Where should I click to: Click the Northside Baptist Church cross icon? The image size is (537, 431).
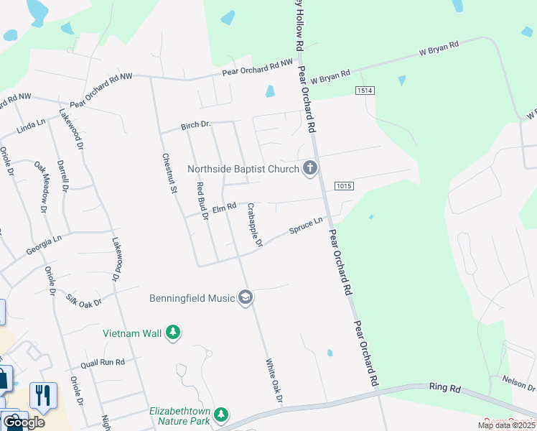[x=310, y=169]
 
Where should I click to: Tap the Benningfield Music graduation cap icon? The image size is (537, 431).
[x=246, y=297]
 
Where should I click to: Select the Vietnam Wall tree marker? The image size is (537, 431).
[x=172, y=333]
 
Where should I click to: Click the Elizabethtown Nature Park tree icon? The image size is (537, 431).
[x=222, y=415]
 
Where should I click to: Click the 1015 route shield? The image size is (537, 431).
[x=344, y=187]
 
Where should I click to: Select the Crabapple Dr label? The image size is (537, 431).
[x=255, y=225]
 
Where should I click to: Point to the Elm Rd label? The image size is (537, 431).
[x=224, y=207]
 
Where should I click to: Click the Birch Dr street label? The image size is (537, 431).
[x=195, y=125]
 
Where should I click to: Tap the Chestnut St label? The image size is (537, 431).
[x=169, y=175]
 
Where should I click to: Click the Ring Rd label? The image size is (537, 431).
[x=445, y=388]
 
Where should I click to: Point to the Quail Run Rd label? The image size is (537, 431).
[x=103, y=363]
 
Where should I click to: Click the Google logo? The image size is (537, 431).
[x=23, y=422]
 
